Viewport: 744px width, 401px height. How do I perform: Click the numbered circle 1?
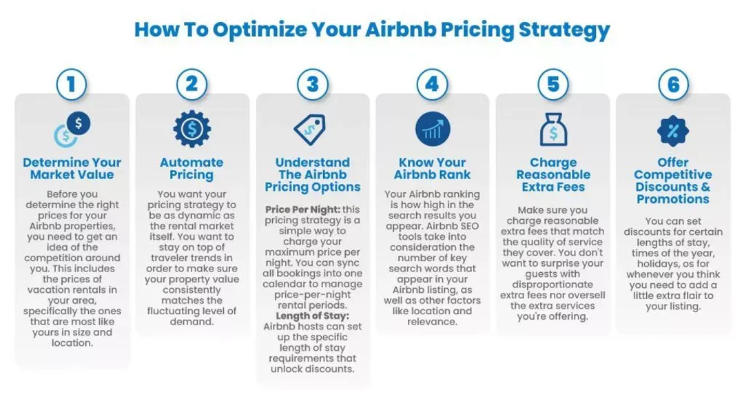coord(72,85)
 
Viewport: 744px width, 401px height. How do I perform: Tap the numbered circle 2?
coord(192,85)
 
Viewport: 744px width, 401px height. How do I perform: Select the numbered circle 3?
coord(312,85)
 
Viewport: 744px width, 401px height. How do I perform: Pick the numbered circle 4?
coord(432,85)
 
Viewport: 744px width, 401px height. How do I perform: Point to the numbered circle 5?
coord(552,85)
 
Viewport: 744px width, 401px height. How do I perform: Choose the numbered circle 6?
coord(673,85)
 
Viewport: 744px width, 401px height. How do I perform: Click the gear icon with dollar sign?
coord(192,129)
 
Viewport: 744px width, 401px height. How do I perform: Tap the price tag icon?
coord(310,129)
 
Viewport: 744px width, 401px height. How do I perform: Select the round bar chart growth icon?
coord(432,129)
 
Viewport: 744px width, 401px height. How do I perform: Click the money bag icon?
coord(553,129)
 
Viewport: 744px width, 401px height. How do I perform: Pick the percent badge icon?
coord(673,130)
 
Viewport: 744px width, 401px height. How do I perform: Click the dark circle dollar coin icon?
coord(79,123)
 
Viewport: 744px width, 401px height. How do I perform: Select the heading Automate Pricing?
coord(192,169)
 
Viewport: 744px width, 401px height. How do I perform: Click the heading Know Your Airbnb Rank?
coord(432,169)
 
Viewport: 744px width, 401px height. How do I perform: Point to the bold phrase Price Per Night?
coord(302,209)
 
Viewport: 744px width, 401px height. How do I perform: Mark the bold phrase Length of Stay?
coord(312,316)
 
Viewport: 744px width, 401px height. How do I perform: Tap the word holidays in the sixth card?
coord(657,264)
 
